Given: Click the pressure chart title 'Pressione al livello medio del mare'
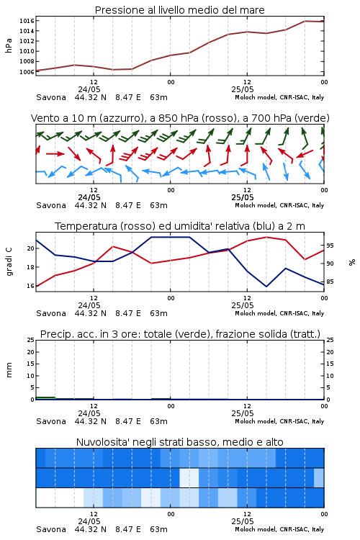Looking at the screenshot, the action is (x=179, y=10).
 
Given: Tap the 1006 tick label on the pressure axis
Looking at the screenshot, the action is (x=27, y=72).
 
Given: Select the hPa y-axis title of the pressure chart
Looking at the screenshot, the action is (x=9, y=45).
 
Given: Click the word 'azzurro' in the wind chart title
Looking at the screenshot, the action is (x=121, y=118).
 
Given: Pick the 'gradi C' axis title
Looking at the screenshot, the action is (x=9, y=261).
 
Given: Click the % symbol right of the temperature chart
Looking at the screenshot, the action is (x=352, y=262).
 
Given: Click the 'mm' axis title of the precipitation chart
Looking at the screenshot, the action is (x=9, y=370).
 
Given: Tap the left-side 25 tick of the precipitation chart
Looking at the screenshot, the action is (x=30, y=340).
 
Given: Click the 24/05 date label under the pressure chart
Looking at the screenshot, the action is (x=89, y=89).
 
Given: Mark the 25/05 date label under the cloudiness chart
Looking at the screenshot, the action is (x=243, y=521).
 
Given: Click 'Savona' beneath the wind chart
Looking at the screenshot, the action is (x=51, y=205).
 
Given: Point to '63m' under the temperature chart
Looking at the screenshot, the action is (x=159, y=313).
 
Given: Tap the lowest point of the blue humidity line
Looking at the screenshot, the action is (x=266, y=287).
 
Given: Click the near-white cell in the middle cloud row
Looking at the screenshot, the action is (x=189, y=477).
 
